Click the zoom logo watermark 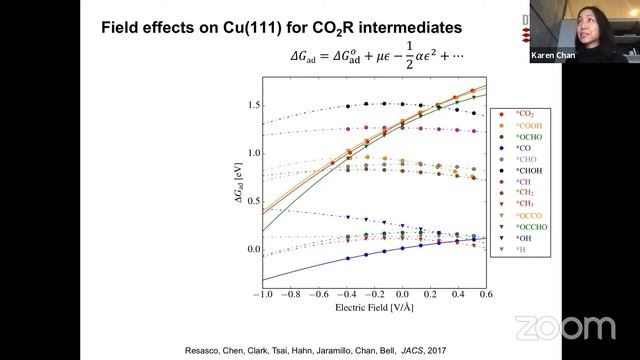pos(565,327)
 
